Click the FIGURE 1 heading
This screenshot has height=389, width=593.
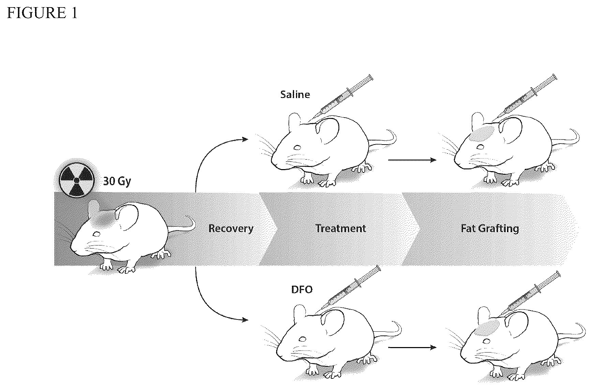(x=42, y=13)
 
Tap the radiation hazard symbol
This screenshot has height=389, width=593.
(x=76, y=180)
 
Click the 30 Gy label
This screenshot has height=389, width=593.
(x=117, y=181)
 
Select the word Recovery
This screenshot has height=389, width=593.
(x=231, y=228)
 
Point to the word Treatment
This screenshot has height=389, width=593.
(x=341, y=228)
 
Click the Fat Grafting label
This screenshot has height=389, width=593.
(x=490, y=228)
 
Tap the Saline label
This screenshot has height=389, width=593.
(x=295, y=94)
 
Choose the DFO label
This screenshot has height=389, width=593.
(x=302, y=290)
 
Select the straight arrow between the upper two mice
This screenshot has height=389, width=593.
(x=412, y=160)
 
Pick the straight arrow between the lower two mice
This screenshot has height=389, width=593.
(x=412, y=348)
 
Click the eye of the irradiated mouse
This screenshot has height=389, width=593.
(x=97, y=234)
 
